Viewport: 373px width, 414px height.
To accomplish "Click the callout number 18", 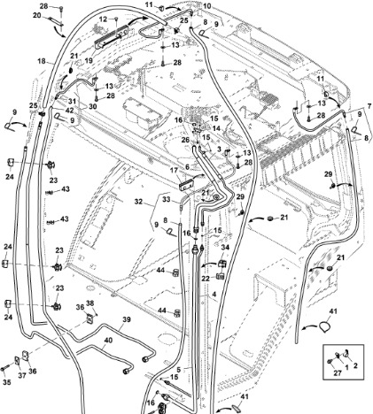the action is [42, 61].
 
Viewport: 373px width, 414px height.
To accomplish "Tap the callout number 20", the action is [37, 15].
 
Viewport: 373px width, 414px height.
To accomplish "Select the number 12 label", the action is [103, 19].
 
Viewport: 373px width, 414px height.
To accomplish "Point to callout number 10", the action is [207, 6].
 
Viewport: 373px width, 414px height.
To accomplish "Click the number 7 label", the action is [369, 106].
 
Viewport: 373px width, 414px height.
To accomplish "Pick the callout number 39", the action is [127, 319].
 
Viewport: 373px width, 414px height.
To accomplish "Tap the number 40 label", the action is [108, 341].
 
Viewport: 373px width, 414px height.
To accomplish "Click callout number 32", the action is [138, 202].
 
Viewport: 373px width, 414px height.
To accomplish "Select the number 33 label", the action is [167, 200].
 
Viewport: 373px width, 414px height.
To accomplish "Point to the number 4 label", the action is [214, 294].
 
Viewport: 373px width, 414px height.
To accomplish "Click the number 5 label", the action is [179, 369].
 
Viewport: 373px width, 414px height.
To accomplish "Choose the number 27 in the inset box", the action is [338, 373].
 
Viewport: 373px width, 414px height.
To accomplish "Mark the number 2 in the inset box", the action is [355, 365].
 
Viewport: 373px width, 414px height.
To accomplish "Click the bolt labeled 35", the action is [4, 369].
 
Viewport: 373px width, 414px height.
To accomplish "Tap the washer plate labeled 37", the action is [18, 361].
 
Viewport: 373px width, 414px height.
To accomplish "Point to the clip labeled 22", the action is [221, 276].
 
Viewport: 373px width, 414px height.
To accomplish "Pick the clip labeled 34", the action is [222, 264].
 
